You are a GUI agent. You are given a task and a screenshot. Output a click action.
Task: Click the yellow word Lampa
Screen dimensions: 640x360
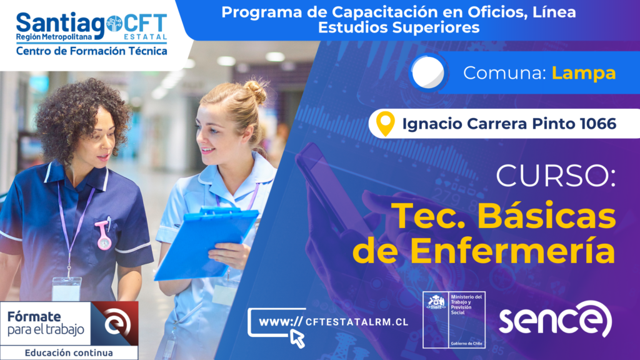click(x=584, y=73)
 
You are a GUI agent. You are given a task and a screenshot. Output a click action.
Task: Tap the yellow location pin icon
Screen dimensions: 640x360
click(x=385, y=123)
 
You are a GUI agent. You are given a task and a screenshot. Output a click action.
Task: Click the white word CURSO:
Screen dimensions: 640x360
click(x=556, y=176)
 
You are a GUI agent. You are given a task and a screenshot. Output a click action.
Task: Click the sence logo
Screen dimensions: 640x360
click(x=556, y=319)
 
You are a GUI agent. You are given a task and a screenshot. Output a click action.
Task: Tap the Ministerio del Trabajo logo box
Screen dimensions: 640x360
click(x=454, y=320)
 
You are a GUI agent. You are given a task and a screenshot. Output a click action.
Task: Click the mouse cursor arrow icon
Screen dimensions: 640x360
click(x=297, y=339)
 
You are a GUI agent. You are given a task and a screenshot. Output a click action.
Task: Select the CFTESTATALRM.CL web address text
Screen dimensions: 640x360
click(x=357, y=322)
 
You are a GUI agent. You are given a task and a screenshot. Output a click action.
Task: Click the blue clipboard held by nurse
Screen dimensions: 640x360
click(x=206, y=243)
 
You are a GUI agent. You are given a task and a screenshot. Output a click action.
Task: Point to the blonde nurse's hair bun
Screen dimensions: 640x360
click(x=256, y=91)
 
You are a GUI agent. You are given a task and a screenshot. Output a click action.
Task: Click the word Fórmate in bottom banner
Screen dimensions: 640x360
click(x=34, y=316)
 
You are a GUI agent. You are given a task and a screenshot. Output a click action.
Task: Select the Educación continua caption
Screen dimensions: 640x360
click(x=69, y=352)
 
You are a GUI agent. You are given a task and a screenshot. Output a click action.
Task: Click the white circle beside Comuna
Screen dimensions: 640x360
click(x=427, y=72)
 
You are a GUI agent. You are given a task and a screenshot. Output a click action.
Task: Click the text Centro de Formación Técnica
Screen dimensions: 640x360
click(x=91, y=51)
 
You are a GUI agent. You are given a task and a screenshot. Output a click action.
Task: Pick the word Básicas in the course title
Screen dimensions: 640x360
click(x=546, y=216)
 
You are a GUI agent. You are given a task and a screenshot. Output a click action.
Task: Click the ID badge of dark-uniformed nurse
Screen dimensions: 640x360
click(x=66, y=289)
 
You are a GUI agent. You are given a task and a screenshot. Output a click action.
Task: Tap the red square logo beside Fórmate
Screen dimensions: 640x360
click(x=115, y=323)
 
